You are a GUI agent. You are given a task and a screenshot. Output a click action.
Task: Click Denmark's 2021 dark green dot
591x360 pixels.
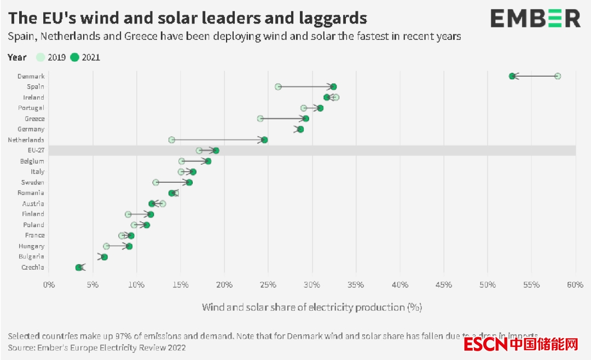(x=512, y=76)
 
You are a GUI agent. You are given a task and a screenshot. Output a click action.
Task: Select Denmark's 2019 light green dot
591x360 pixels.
(x=558, y=76)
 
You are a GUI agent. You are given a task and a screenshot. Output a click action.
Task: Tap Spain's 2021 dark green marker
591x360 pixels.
(x=333, y=86)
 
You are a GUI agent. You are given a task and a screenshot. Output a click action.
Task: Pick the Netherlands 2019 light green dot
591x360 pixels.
(x=172, y=140)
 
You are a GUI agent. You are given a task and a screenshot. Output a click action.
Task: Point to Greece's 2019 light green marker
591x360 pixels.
(x=260, y=119)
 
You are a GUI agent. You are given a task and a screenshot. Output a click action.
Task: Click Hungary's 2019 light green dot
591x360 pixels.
(x=106, y=246)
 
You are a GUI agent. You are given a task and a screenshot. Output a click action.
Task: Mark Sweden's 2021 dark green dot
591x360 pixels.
(x=189, y=182)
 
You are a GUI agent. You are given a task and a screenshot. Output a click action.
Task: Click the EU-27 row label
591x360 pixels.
(x=36, y=150)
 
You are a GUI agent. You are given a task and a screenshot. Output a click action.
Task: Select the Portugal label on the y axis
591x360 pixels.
(x=31, y=108)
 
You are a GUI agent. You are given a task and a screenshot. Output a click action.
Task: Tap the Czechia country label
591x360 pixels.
(x=33, y=268)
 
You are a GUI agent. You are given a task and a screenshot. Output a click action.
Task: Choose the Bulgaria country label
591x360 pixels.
(x=32, y=257)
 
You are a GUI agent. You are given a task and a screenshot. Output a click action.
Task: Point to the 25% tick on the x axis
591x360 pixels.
(x=268, y=285)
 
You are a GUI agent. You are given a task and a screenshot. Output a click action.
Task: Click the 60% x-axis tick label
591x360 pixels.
(x=576, y=285)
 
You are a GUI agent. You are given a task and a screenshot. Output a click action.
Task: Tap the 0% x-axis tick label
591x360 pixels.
(x=49, y=285)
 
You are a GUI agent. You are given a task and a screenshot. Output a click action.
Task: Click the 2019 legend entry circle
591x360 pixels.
(x=41, y=57)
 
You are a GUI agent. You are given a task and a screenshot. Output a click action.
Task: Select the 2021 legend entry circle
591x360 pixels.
(x=75, y=57)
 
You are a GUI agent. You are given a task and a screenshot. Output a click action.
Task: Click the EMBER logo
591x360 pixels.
(x=535, y=19)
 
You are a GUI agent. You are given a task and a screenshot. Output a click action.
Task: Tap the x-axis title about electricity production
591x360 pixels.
(x=312, y=307)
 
